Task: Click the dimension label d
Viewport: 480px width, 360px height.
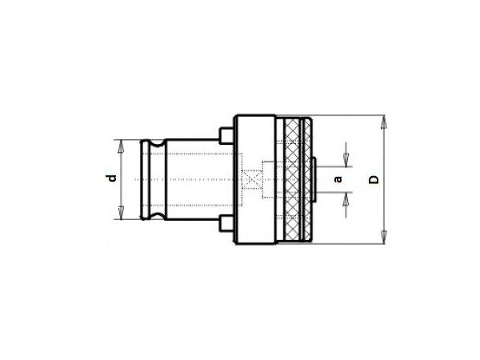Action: coord(113,178)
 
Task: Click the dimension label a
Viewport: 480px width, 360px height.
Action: coord(338,179)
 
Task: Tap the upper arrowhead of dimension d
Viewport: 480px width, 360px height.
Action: coord(121,147)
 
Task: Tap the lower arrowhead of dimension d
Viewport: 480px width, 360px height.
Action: coord(121,213)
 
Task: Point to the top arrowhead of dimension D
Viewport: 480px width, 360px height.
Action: coord(383,122)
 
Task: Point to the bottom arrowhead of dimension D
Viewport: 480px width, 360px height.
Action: coord(383,237)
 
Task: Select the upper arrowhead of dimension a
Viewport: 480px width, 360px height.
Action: coord(346,161)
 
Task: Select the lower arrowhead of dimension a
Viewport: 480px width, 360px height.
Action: coord(346,199)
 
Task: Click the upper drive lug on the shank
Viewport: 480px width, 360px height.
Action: coord(227,136)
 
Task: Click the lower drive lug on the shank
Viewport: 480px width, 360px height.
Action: coord(227,223)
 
